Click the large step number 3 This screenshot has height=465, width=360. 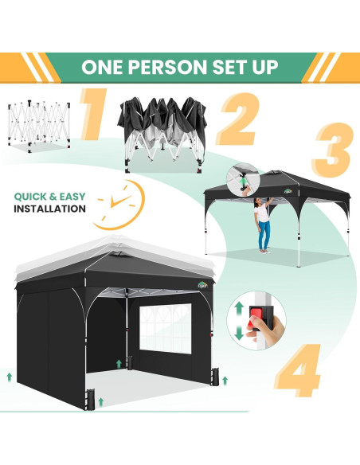point(331,152)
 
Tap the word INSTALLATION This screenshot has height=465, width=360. point(49,209)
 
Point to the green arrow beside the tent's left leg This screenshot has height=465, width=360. point(10,375)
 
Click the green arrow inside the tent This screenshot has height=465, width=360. point(119,363)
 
